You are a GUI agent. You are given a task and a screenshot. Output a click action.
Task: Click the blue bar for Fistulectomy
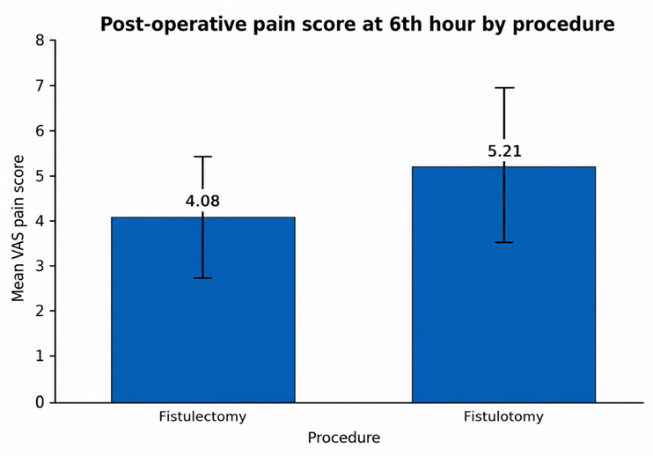point(202,310)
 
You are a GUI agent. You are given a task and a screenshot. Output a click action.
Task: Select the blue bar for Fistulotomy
point(504,284)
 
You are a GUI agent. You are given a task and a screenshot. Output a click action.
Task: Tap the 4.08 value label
point(202,201)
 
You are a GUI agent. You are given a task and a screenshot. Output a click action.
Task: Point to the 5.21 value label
point(504,151)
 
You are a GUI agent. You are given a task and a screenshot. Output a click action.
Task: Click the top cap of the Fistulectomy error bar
point(202,157)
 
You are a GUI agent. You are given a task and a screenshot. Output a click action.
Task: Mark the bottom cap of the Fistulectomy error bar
point(202,278)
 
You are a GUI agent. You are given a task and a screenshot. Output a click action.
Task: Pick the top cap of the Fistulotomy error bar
point(504,88)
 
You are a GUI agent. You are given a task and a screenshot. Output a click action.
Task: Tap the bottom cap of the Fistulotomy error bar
point(504,242)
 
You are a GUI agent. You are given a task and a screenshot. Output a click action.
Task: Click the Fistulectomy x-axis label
point(202,416)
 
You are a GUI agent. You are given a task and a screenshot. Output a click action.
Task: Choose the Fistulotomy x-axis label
point(503,416)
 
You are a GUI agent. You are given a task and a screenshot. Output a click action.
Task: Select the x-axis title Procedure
point(343,438)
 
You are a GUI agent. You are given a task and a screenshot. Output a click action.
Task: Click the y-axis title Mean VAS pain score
point(18,228)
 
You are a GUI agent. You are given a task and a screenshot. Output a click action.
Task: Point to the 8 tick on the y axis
point(53,40)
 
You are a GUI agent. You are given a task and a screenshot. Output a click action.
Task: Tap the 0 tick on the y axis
point(53,402)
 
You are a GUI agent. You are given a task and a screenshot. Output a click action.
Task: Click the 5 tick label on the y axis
point(40,176)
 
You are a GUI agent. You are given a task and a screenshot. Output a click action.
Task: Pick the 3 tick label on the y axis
point(40,266)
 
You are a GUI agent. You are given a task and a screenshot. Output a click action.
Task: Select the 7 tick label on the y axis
point(40,85)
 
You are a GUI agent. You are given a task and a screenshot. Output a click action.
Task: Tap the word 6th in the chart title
point(404,24)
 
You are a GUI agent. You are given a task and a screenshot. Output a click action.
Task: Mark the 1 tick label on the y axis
point(40,356)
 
